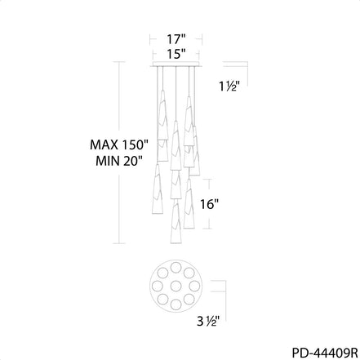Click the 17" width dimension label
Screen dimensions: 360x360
[176, 39]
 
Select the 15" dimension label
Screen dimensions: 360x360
[176, 54]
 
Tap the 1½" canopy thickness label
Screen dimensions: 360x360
[229, 87]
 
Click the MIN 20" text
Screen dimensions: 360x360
[119, 162]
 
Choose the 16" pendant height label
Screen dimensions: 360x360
[209, 204]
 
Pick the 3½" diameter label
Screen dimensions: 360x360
[208, 322]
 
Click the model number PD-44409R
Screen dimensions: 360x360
[325, 353]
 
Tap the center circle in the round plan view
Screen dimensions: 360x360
[176, 286]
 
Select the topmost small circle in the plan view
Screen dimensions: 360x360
[176, 267]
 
